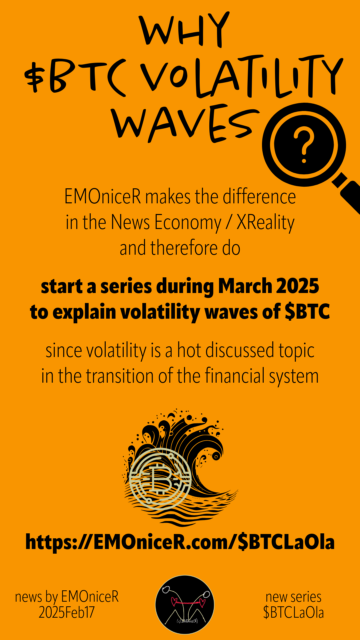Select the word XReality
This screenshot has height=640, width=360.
[x=266, y=223]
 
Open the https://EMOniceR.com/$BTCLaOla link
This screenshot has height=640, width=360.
[x=180, y=542]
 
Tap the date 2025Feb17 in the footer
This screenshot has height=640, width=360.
[x=67, y=612]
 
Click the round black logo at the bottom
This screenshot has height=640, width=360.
[x=185, y=605]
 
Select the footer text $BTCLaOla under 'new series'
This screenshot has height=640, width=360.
[x=293, y=612]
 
